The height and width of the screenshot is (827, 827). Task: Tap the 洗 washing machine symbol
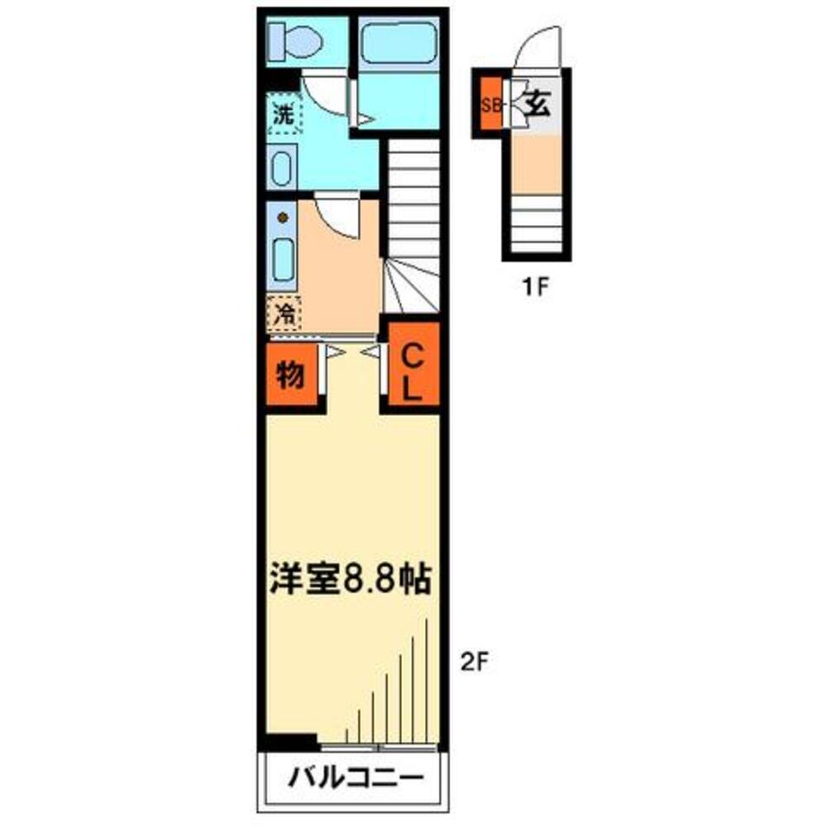pos(284,116)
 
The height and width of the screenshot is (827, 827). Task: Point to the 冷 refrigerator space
pos(284,313)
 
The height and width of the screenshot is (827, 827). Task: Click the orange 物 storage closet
pos(289,377)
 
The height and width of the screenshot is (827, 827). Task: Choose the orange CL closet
pos(413,373)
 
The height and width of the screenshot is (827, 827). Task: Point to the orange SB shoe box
pos(491,105)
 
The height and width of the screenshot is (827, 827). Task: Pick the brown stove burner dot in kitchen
pos(283,218)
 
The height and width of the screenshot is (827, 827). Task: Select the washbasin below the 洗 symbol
pos(281,168)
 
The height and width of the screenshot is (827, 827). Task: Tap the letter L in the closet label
pos(413,389)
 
